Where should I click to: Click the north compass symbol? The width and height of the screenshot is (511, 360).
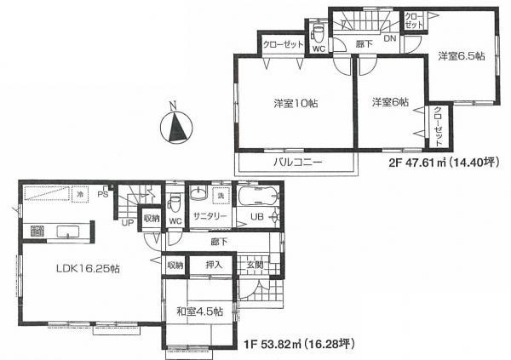[175, 129]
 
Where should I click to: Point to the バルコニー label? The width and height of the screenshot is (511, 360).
[297, 163]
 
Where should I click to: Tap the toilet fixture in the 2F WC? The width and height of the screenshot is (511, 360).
[319, 32]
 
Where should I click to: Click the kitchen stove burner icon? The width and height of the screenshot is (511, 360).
[37, 231]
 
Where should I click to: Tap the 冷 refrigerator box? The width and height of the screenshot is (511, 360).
[79, 195]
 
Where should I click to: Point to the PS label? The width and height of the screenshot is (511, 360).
[101, 195]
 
